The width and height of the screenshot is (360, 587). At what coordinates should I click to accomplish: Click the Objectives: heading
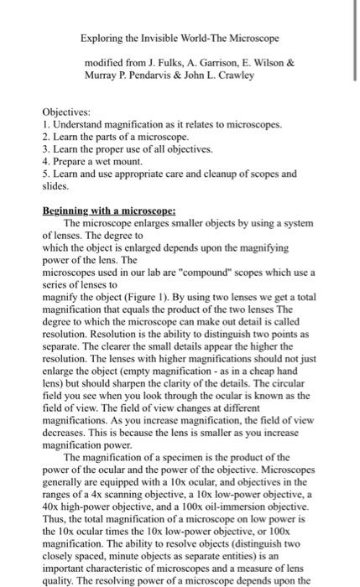pyautogui.click(x=66, y=112)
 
